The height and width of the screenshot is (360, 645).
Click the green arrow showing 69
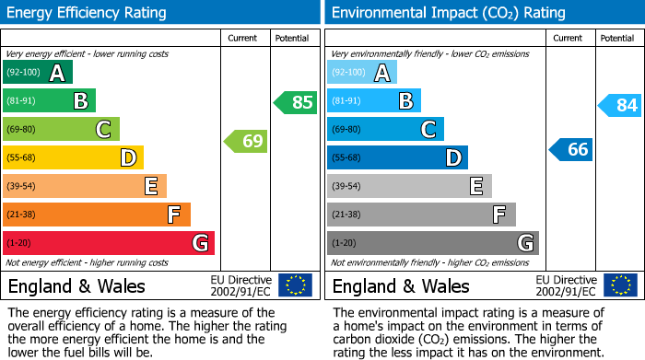[x=245, y=142]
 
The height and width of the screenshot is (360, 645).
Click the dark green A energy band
[x=38, y=73]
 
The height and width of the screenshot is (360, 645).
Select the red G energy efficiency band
[x=109, y=243]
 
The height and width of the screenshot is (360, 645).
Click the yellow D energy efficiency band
[x=73, y=157]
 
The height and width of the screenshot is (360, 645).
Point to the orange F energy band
[x=97, y=215]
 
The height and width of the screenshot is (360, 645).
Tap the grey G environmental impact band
[x=432, y=243]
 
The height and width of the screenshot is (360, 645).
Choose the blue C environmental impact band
[x=385, y=129]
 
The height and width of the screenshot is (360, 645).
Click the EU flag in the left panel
[x=295, y=285]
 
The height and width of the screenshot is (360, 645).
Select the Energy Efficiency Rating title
[x=88, y=13]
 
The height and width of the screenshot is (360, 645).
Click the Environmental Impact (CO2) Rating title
[x=448, y=13]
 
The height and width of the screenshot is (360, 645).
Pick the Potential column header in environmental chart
[x=616, y=38]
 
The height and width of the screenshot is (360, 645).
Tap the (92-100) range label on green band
[x=24, y=73]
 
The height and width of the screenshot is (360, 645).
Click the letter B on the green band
[x=80, y=101]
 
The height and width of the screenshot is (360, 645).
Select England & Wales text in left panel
[x=76, y=285]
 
